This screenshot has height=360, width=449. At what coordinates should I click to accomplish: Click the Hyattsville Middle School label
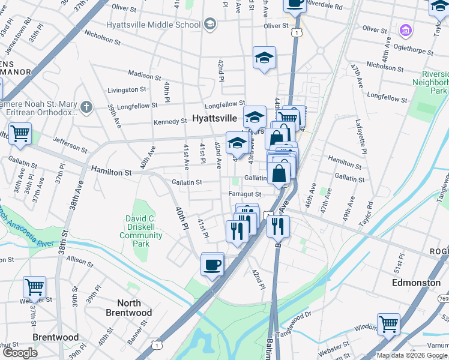tap(152, 25)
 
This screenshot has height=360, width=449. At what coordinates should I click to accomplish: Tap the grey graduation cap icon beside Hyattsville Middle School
tap(209, 24)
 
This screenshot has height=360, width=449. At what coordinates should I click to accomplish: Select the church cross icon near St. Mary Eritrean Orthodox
tap(87, 107)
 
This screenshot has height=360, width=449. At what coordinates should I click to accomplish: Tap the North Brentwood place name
tap(128, 307)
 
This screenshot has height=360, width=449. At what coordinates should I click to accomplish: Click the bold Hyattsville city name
tap(214, 119)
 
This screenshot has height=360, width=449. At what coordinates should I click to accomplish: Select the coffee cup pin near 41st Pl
tap(212, 264)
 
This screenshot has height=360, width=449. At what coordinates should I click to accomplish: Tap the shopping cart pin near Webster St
tap(34, 287)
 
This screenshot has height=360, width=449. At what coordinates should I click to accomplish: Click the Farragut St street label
tap(245, 194)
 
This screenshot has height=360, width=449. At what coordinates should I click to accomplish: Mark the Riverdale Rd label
tap(324, 5)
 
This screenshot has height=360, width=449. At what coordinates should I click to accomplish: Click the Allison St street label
tap(80, 259)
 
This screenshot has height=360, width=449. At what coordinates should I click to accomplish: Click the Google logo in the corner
tap(20, 353)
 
